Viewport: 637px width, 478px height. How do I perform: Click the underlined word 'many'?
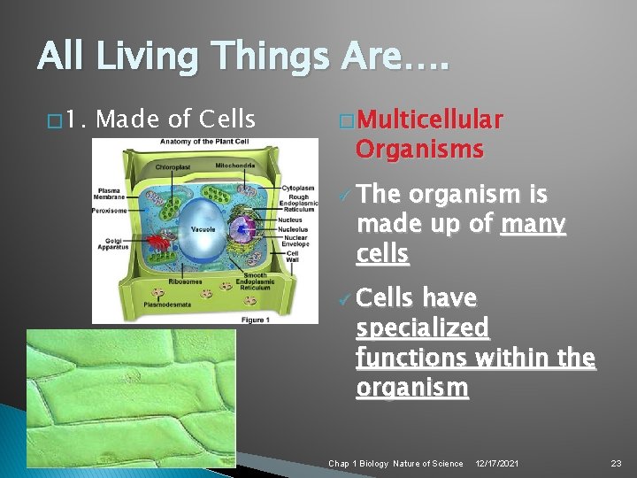[x=533, y=225]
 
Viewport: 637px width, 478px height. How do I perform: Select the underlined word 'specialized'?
[x=422, y=328]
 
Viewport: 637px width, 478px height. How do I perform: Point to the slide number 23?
[x=616, y=463]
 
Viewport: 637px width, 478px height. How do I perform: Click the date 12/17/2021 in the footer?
[x=496, y=463]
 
